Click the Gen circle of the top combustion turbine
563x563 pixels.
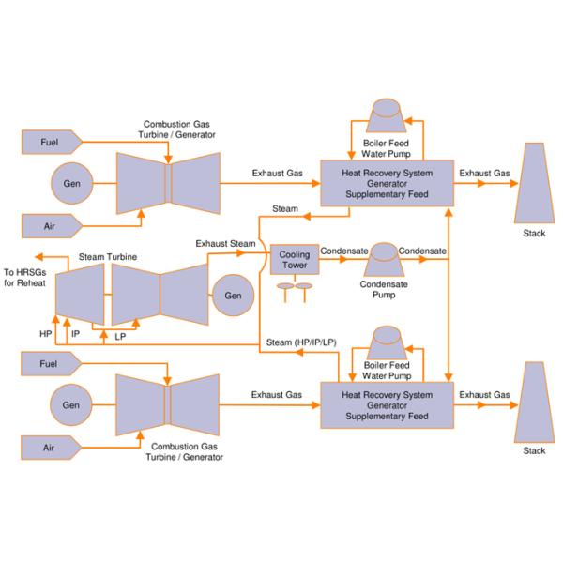tap(71, 183)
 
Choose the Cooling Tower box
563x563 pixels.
tap(295, 259)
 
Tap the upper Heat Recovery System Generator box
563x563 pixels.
tap(387, 183)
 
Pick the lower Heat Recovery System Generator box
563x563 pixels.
tap(387, 405)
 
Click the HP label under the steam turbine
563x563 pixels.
tap(46, 333)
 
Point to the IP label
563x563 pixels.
tap(76, 333)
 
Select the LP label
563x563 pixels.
tap(120, 335)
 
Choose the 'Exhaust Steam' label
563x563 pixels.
tap(225, 244)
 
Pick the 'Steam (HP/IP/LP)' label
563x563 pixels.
tap(298, 342)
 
